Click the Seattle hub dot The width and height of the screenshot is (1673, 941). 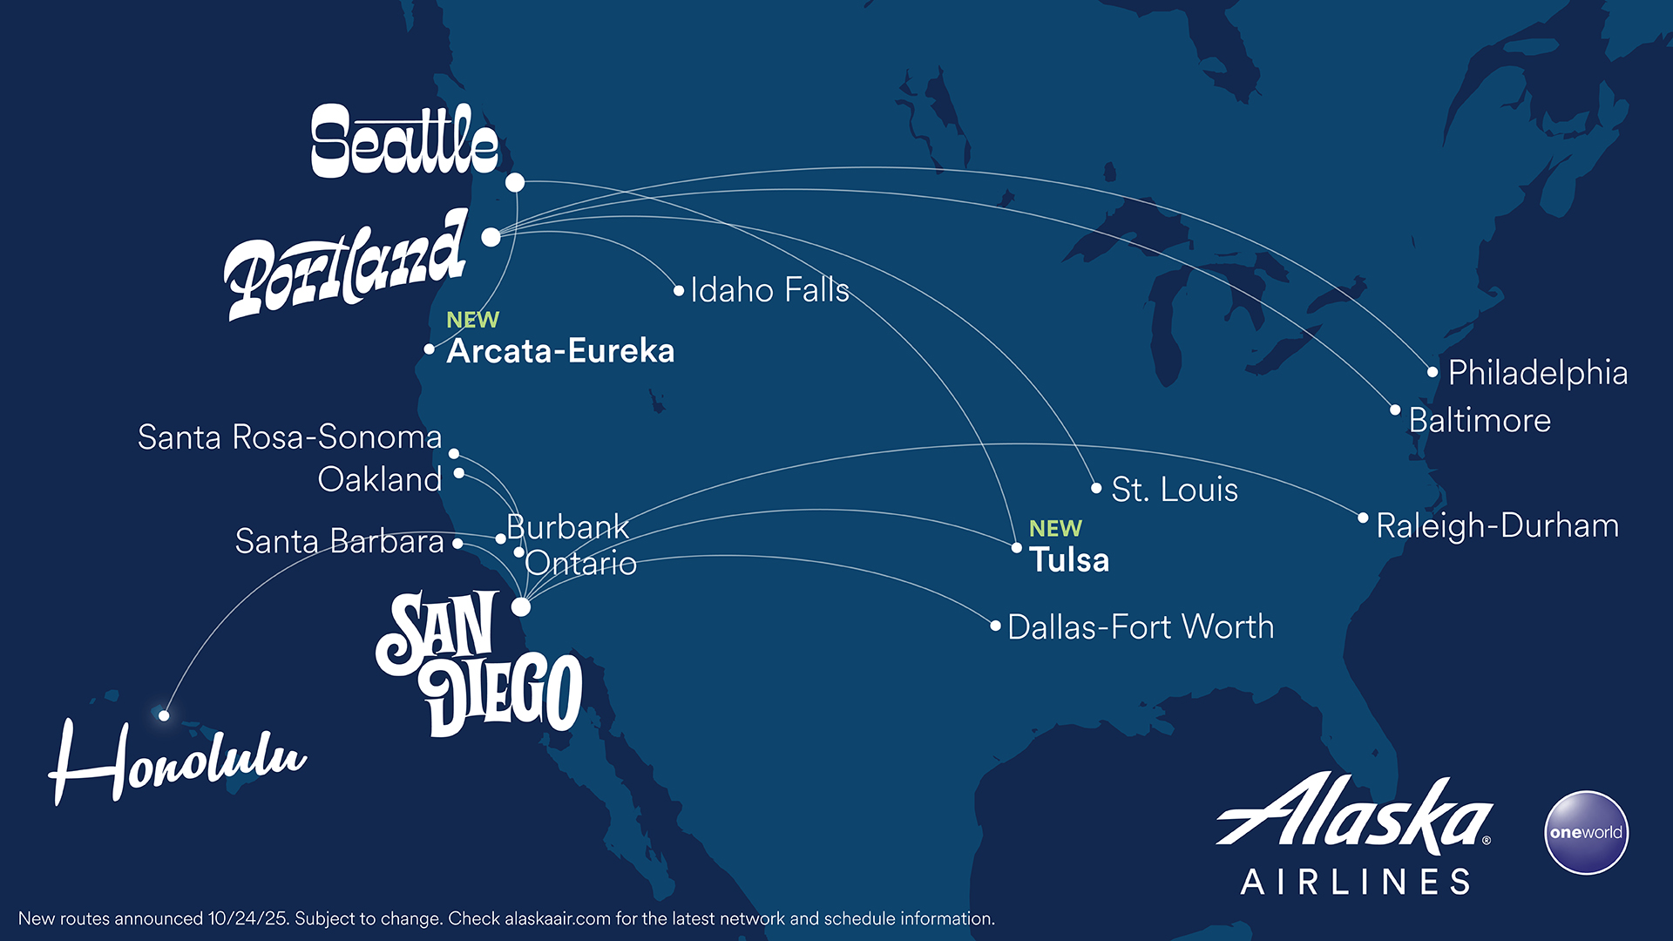(515, 182)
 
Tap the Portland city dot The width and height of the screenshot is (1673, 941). (491, 237)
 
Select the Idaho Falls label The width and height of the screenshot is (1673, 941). (769, 290)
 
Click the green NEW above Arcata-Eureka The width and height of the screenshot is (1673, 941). (472, 320)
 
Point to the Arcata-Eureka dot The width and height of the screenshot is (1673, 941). (430, 349)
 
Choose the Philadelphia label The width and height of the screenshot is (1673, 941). (1537, 373)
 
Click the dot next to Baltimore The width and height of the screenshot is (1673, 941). (1395, 410)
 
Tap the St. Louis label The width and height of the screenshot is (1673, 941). (1174, 490)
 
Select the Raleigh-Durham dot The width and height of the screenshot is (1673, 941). (1363, 518)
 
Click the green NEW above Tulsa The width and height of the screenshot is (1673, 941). (1055, 529)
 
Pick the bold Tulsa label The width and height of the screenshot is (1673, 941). (1069, 559)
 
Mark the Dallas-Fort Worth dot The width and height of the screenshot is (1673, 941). (995, 626)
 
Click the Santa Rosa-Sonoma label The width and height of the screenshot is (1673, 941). (289, 437)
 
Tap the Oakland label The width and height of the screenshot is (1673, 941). (380, 480)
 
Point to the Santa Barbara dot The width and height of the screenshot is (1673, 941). (457, 544)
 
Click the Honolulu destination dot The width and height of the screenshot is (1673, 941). (164, 715)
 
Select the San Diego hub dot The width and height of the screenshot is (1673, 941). (521, 606)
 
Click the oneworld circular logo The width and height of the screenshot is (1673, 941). (1586, 832)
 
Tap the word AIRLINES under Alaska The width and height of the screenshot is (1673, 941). (1356, 882)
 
